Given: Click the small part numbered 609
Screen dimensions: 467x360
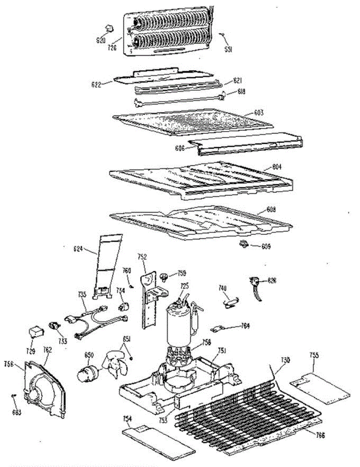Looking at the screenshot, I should coord(244,244).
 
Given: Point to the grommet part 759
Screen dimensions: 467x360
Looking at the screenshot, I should coord(164,277).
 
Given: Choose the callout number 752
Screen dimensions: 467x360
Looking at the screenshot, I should coord(142,256).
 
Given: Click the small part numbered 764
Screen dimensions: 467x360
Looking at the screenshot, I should coord(216,329).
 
